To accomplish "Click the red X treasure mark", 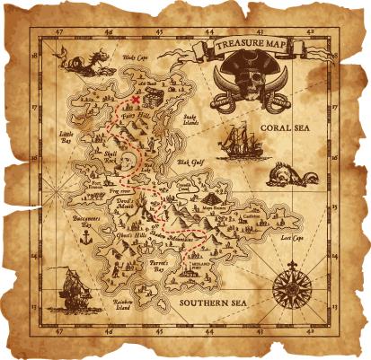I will (x=135, y=100).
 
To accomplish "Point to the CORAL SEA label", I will (x=287, y=128).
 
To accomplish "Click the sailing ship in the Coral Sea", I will (x=236, y=141).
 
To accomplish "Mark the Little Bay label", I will (x=65, y=138).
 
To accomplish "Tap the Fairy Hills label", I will (x=136, y=115).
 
